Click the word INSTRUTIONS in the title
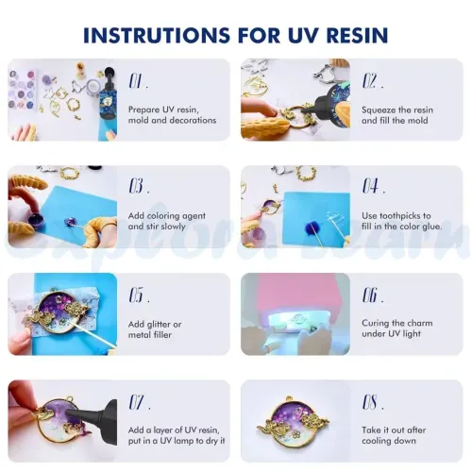[x=157, y=35]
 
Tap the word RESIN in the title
[x=357, y=35]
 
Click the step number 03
[x=139, y=186]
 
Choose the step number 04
[x=374, y=186]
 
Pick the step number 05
[x=139, y=295]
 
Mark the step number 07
[x=140, y=402]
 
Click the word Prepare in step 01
[x=144, y=110]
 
